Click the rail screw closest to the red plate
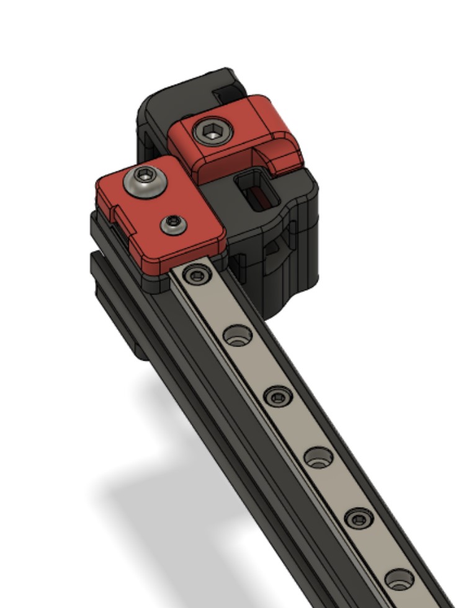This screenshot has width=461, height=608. coord(197,275)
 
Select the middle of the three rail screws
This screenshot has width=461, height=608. coord(277,395)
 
